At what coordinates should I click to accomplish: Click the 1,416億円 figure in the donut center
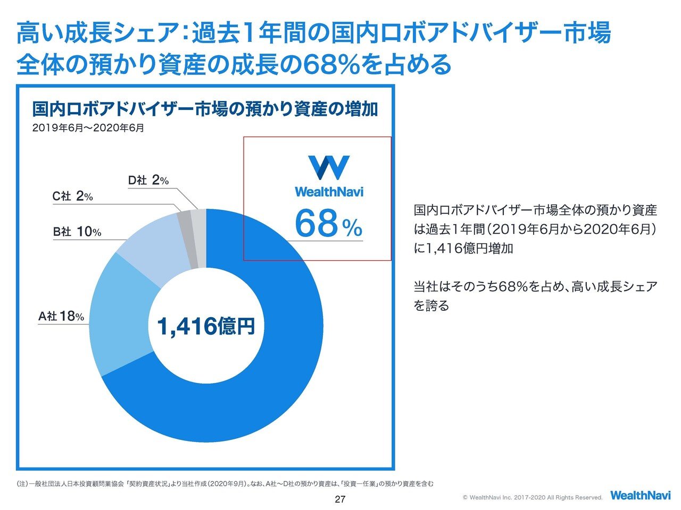click(205, 326)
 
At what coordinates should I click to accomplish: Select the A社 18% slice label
click(61, 316)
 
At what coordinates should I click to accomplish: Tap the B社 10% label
click(77, 232)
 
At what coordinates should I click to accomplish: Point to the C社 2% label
click(72, 196)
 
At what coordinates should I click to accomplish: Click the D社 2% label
click(148, 180)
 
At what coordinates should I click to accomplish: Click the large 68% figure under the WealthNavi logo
click(328, 224)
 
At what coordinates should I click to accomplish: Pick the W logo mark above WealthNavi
click(329, 167)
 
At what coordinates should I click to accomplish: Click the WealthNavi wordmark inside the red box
click(329, 191)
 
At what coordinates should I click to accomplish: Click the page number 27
click(340, 499)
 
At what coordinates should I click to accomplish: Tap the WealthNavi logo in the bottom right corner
click(640, 495)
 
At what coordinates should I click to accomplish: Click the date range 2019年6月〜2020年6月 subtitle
click(88, 128)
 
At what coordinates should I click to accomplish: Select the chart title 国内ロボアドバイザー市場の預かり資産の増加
click(205, 109)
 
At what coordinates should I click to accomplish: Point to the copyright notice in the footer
click(533, 498)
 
